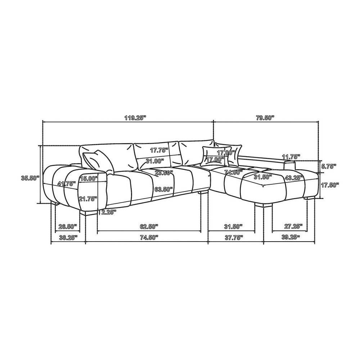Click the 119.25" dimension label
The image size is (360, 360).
(135, 118)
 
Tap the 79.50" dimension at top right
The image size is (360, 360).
(265, 118)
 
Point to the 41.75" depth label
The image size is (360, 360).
(67, 184)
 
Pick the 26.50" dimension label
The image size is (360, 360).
(68, 226)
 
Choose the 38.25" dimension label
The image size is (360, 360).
(68, 237)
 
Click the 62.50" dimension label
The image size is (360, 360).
(149, 226)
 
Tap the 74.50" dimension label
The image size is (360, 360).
(149, 237)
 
